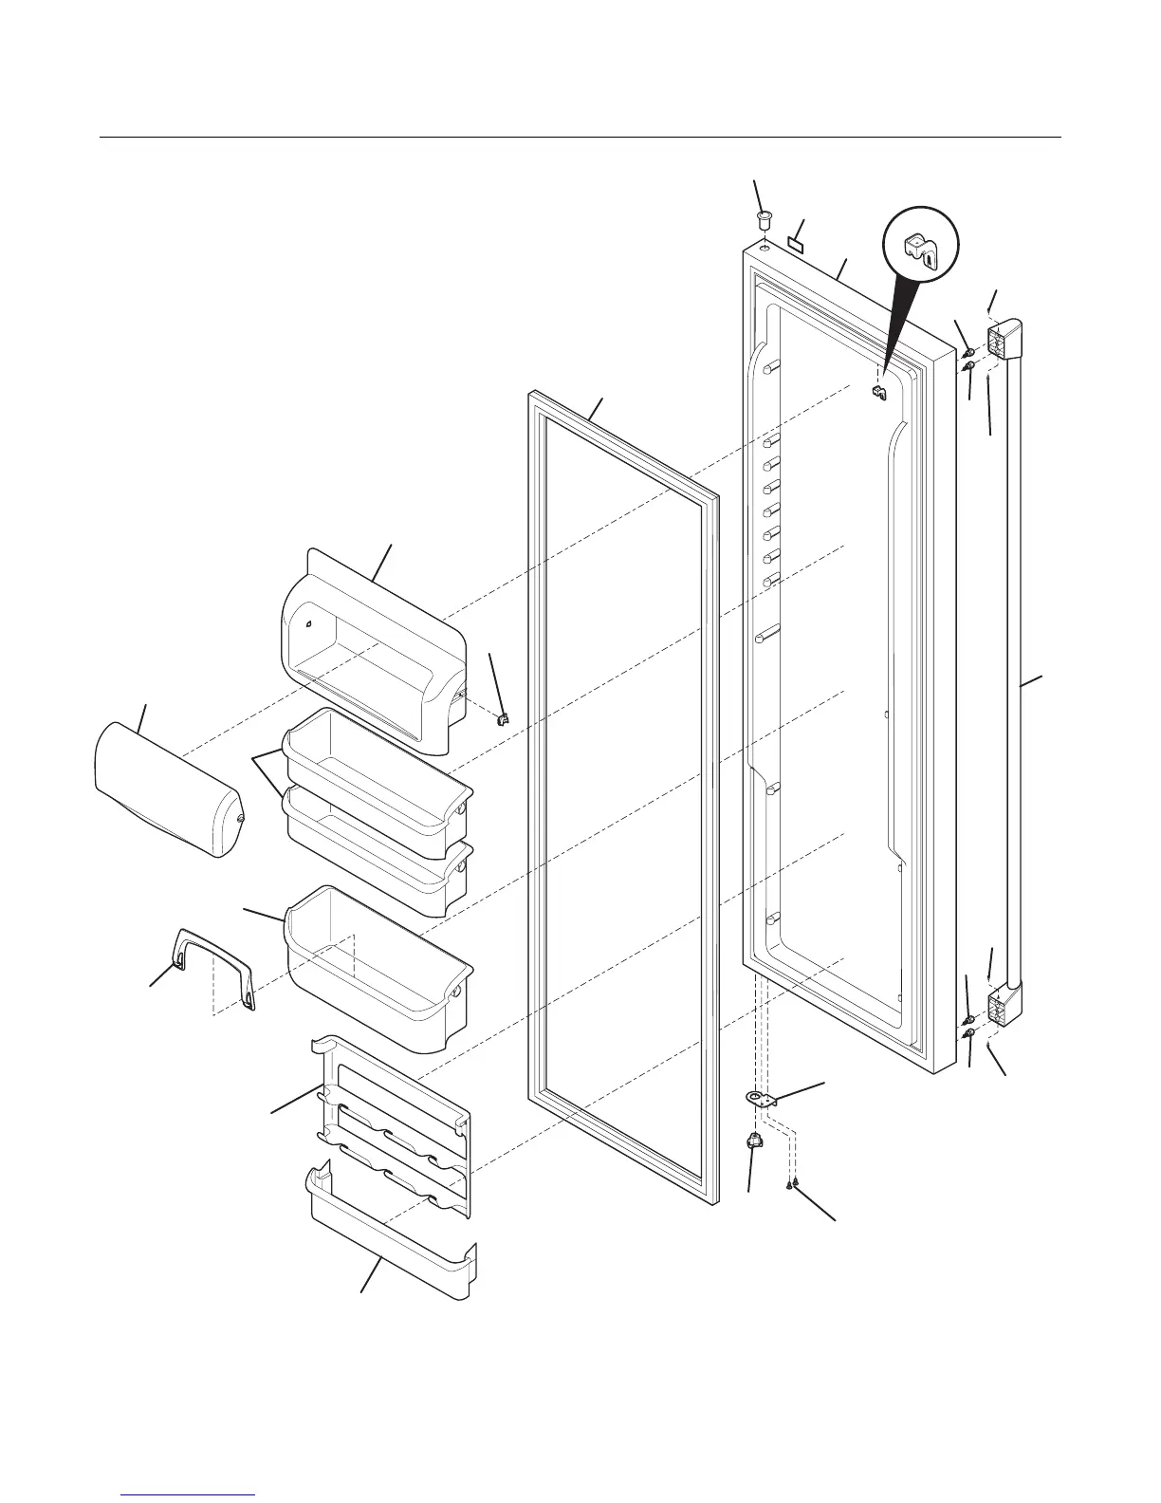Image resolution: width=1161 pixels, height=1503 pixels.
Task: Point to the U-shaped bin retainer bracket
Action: click(x=213, y=968)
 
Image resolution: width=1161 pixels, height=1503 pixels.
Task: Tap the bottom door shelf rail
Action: click(x=389, y=1243)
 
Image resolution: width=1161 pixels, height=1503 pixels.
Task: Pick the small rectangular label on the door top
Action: click(x=797, y=243)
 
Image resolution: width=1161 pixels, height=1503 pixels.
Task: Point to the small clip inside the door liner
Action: click(x=877, y=392)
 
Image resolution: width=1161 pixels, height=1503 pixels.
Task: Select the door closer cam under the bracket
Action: click(x=756, y=1142)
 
